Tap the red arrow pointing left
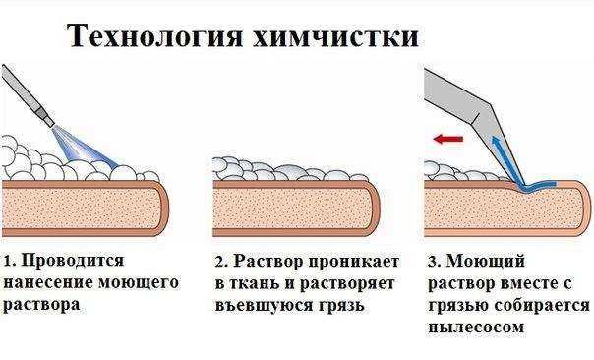(x=448, y=141)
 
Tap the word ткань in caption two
(x=255, y=283)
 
